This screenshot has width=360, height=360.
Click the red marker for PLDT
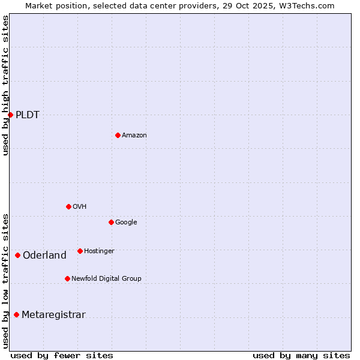(x=10, y=115)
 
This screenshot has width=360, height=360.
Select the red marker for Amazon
(x=118, y=135)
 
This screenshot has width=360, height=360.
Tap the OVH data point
(x=68, y=206)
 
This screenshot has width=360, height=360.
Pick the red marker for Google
(x=111, y=222)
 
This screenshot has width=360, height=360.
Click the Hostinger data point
(x=80, y=251)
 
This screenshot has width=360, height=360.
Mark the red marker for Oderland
(x=17, y=255)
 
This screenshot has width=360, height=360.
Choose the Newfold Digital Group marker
(x=67, y=278)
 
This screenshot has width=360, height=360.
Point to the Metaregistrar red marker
(x=16, y=314)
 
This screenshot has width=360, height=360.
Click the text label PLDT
(x=28, y=115)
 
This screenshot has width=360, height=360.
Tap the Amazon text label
(x=134, y=136)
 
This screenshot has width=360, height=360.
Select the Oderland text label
(x=44, y=256)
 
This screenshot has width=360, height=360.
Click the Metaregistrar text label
(x=53, y=315)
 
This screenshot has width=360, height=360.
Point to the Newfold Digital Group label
(x=106, y=278)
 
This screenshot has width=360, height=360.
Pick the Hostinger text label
(x=99, y=251)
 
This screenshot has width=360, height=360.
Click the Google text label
(x=126, y=223)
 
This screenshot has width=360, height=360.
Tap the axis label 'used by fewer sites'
(x=62, y=355)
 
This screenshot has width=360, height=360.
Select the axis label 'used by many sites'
(x=301, y=355)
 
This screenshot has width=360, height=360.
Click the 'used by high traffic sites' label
(x=5, y=85)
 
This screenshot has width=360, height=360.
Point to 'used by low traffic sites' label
(x=5, y=280)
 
